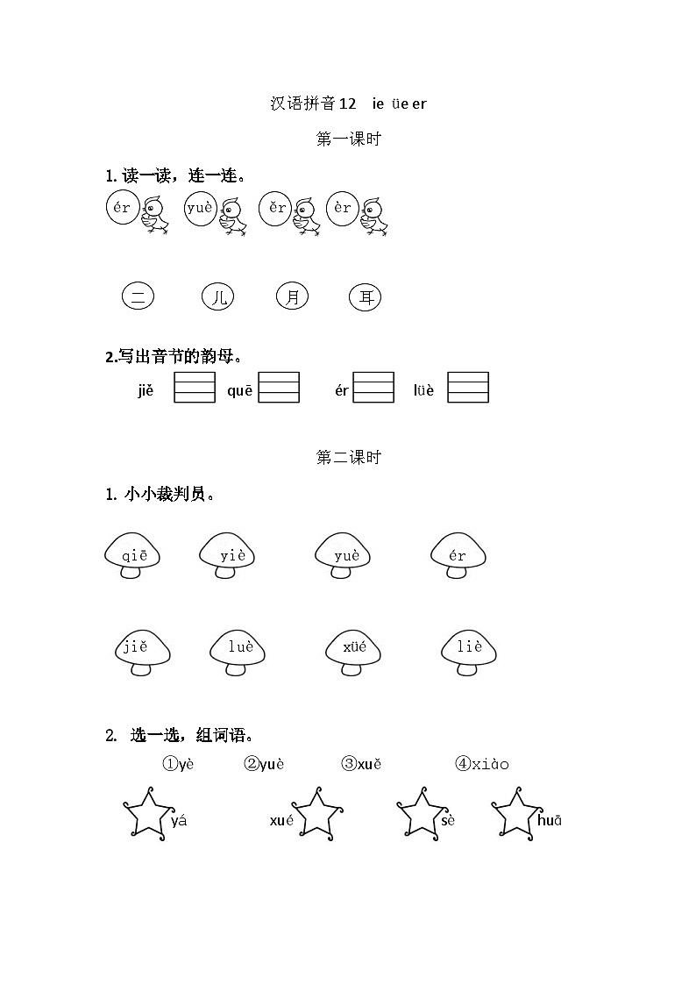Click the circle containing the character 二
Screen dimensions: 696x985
[138, 296]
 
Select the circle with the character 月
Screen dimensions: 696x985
[292, 296]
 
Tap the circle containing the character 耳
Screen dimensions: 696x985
[365, 297]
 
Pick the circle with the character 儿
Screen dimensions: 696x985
[218, 297]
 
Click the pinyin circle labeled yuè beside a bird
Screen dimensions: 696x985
[200, 209]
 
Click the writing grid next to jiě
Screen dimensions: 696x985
[194, 388]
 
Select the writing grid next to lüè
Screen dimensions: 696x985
[468, 388]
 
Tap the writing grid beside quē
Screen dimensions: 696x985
[279, 388]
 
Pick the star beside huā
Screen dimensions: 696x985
[514, 815]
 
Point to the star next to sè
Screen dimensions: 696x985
[418, 815]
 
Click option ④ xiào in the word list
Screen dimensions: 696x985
[481, 764]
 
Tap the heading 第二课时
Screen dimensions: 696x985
[348, 457]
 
